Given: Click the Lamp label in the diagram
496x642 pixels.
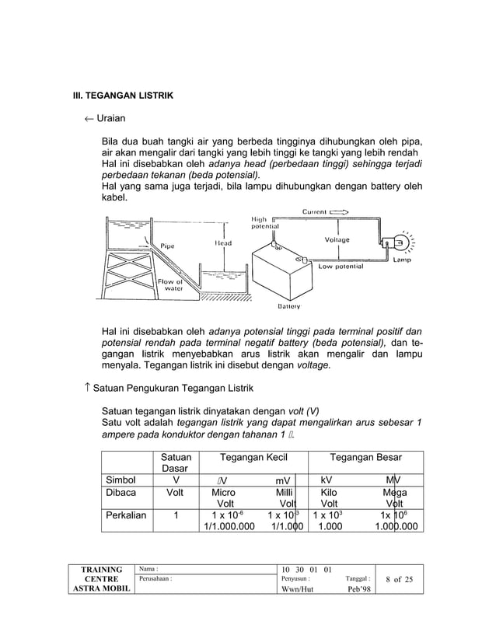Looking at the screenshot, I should (402, 260).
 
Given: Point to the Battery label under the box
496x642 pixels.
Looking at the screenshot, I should (289, 305).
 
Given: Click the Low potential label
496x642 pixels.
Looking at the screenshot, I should (341, 266).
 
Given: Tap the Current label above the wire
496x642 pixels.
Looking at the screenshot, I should (314, 211).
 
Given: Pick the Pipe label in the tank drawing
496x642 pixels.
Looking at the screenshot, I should (167, 246).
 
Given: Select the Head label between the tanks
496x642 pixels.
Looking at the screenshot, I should (223, 242).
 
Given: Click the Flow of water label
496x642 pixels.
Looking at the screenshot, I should (169, 284).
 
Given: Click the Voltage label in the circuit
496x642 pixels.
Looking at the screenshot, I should (337, 240).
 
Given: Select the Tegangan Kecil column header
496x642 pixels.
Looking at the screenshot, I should (254, 458).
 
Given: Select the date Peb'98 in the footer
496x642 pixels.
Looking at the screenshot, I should (358, 587).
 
